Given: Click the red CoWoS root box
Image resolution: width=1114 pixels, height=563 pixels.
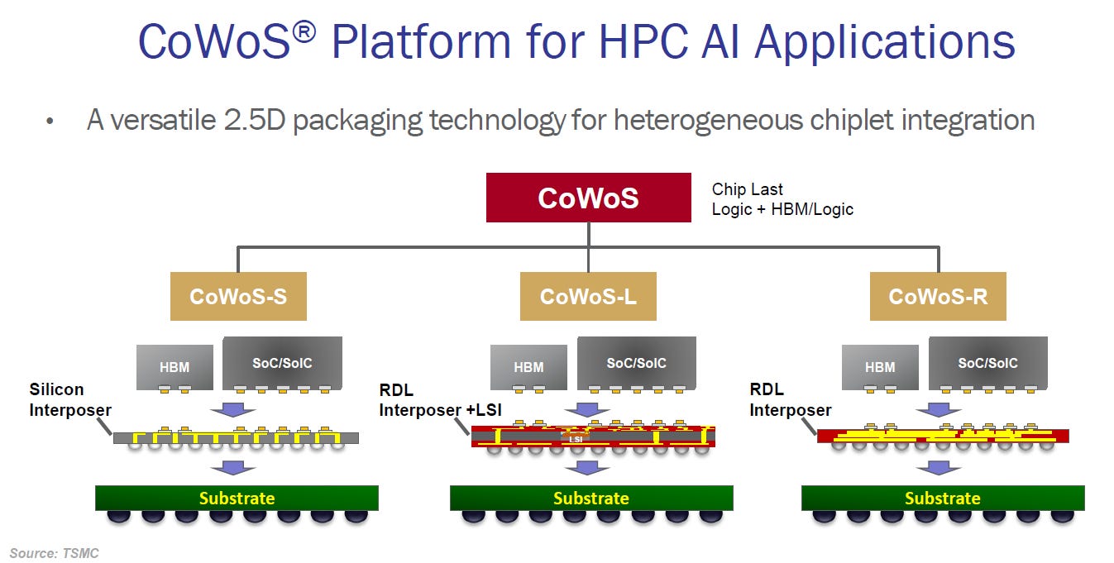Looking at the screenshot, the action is (588, 198).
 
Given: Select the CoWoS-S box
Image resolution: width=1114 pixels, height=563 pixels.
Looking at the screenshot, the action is (238, 297).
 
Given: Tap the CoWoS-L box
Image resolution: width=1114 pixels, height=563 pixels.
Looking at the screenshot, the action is (588, 297).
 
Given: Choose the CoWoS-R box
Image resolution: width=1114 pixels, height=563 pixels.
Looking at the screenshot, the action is (938, 297).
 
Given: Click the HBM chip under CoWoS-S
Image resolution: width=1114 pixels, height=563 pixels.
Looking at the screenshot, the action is (175, 367).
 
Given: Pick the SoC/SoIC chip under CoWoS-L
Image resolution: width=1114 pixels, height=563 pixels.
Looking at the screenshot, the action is (637, 363).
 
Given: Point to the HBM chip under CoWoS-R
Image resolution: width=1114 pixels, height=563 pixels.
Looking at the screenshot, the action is (880, 367).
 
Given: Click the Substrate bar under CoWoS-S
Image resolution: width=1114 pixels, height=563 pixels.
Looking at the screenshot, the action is (237, 498).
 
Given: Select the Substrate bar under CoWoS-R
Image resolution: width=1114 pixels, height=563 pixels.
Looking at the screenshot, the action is (943, 498).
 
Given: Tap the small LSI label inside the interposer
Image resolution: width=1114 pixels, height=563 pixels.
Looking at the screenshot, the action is (576, 439).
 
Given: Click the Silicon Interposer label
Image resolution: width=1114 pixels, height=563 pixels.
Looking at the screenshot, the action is (70, 399).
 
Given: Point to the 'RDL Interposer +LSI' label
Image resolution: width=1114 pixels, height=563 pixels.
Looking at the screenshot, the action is (440, 400).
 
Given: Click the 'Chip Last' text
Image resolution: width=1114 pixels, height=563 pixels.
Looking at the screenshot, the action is (747, 189).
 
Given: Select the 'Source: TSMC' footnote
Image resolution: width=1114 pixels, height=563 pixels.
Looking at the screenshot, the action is (55, 553).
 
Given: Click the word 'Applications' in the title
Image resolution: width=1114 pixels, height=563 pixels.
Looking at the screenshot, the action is (885, 42).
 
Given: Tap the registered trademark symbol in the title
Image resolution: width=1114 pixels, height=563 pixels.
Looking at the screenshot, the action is (304, 32).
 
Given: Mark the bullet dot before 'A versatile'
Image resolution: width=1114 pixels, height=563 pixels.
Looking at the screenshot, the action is (50, 121).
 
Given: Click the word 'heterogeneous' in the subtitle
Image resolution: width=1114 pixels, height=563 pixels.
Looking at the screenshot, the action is (708, 121).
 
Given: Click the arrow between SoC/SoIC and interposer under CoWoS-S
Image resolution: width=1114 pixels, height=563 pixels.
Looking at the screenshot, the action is (232, 410).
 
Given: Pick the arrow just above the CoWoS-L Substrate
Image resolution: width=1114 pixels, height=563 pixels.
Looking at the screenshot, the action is (587, 467).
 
